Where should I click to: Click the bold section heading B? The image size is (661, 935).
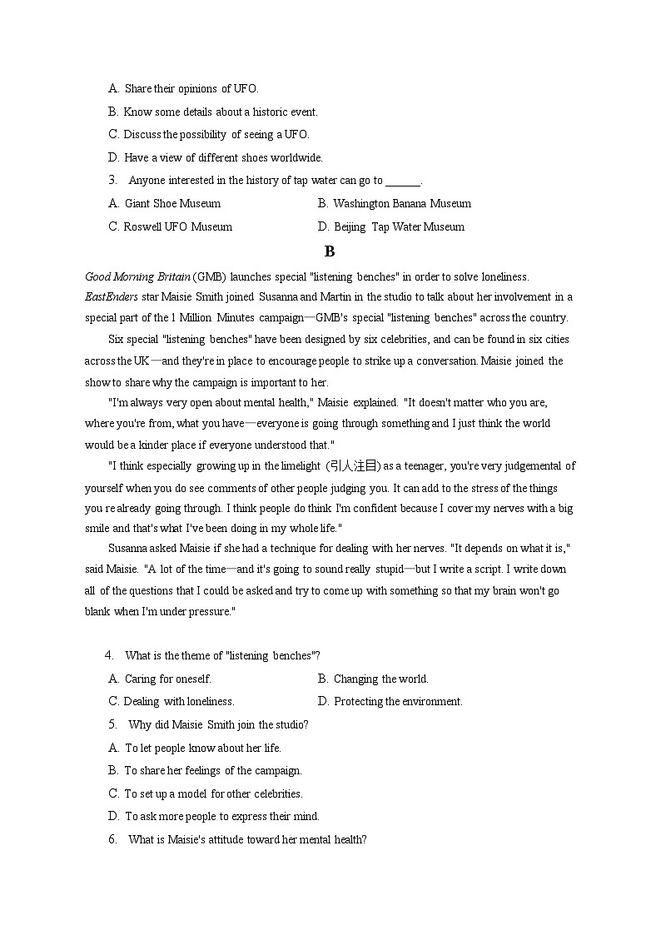point(330,251)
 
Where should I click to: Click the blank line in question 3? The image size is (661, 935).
point(404,182)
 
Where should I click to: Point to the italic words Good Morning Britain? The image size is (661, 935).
point(137,276)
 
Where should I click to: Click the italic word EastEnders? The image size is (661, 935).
point(112,296)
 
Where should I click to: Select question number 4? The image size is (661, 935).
point(109,655)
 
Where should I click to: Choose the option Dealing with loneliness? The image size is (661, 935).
point(171,701)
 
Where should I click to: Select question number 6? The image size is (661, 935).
point(112,839)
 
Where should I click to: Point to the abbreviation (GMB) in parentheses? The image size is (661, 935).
point(209,276)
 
